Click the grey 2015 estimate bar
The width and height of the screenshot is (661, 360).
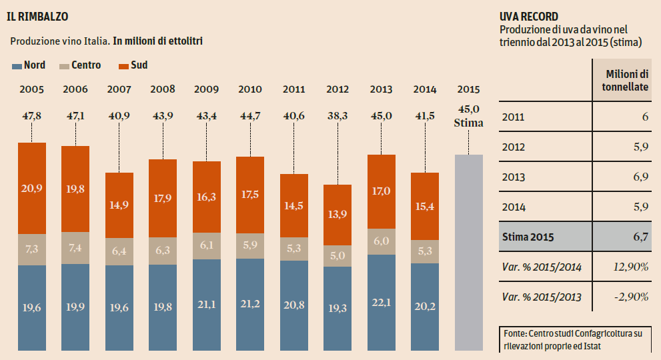pos(468,252)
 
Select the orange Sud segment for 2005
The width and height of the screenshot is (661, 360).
pos(32,188)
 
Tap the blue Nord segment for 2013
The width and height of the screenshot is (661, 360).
pos(382,302)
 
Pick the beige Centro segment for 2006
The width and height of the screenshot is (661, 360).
pos(75,248)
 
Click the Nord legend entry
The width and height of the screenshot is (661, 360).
pos(29,65)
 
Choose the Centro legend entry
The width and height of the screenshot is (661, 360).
pos(80,65)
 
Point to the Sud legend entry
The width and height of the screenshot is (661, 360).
pos(133,65)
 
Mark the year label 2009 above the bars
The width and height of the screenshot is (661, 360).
pos(206,89)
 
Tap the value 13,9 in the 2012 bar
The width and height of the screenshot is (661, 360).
pos(338,215)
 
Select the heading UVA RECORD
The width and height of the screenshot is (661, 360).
pos(529,17)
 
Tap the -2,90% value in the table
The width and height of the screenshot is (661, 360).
pos(632,297)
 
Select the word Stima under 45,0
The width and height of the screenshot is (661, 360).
pos(468,123)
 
